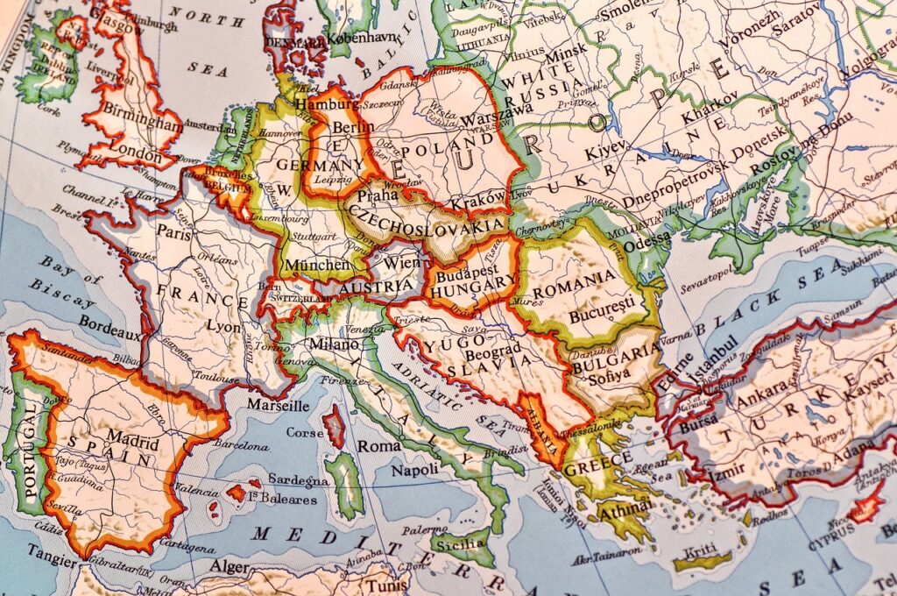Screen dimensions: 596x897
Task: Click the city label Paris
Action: [174, 233]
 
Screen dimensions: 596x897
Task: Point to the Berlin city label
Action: [353, 127]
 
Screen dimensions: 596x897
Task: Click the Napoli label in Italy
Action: [414, 470]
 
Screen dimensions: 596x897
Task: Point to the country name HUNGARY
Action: [474, 283]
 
